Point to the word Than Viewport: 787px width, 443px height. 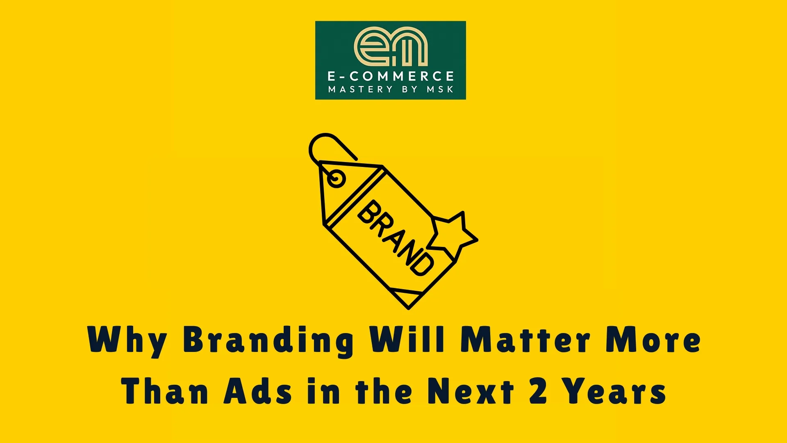click(x=165, y=390)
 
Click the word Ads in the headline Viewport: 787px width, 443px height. click(x=258, y=390)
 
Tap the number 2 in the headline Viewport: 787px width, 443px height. click(x=538, y=390)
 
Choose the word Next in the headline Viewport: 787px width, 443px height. click(x=471, y=390)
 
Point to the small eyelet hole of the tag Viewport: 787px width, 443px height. click(x=337, y=179)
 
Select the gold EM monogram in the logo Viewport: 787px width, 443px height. click(x=391, y=46)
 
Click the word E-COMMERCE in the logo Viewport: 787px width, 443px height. click(x=391, y=76)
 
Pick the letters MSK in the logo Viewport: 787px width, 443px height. click(x=440, y=89)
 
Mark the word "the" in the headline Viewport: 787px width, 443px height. click(x=384, y=390)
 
